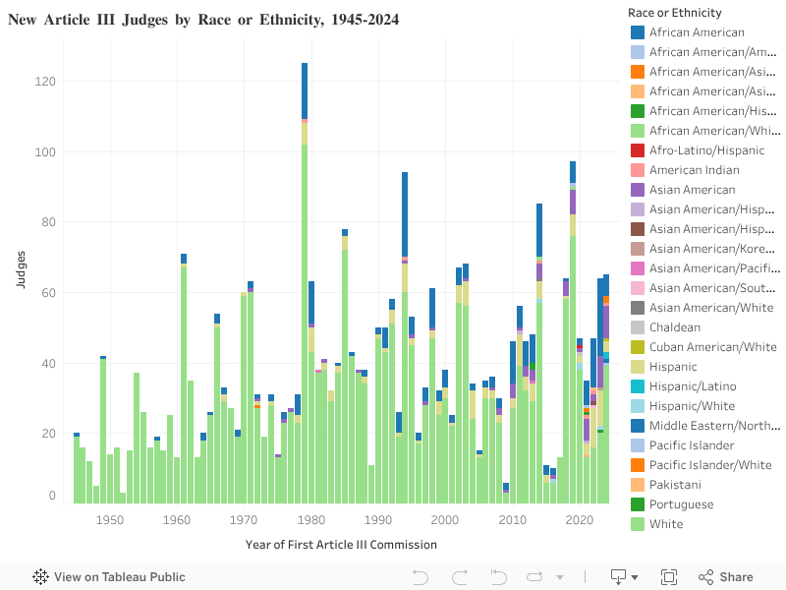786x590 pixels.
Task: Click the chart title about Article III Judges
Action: (203, 20)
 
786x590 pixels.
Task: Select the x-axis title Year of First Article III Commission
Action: (341, 544)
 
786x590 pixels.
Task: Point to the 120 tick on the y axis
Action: (45, 82)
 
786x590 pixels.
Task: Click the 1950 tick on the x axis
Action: (110, 519)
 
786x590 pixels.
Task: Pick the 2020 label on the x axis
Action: (580, 519)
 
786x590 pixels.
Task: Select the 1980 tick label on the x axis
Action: (311, 519)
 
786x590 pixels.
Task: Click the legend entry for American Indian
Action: (695, 170)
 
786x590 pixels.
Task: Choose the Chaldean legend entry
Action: (675, 327)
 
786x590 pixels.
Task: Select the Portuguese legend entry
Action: (682, 504)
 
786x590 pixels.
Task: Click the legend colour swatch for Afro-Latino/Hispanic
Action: (639, 150)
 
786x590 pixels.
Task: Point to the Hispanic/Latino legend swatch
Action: (639, 386)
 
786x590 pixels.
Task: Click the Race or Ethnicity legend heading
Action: (674, 13)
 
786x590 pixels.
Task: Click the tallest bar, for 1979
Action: (305, 295)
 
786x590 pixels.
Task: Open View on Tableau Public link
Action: (109, 577)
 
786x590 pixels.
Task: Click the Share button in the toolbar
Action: (726, 577)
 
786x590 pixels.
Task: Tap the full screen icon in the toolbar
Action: (669, 577)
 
